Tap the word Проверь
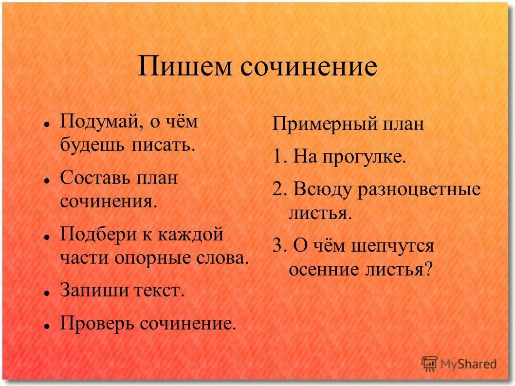tap(97, 323)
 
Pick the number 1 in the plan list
tap(277, 157)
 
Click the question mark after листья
tap(428, 269)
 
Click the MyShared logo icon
tap(430, 363)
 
